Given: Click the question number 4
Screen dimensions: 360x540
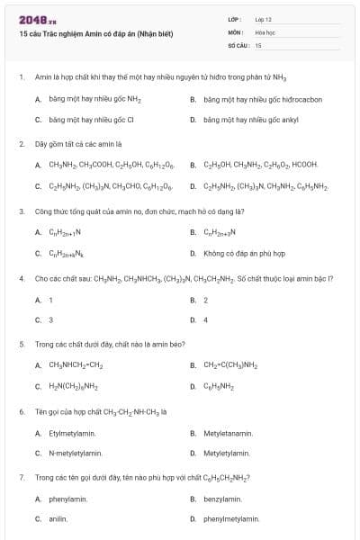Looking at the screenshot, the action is pyautogui.click(x=21, y=278).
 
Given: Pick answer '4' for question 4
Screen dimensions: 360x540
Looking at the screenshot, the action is pyautogui.click(x=205, y=319).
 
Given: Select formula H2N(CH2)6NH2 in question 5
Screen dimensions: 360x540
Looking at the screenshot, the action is pyautogui.click(x=73, y=387).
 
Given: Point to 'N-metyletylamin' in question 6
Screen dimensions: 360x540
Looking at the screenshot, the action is pyautogui.click(x=76, y=453).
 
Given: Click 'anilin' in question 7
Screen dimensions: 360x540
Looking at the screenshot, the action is pyautogui.click(x=58, y=518).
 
